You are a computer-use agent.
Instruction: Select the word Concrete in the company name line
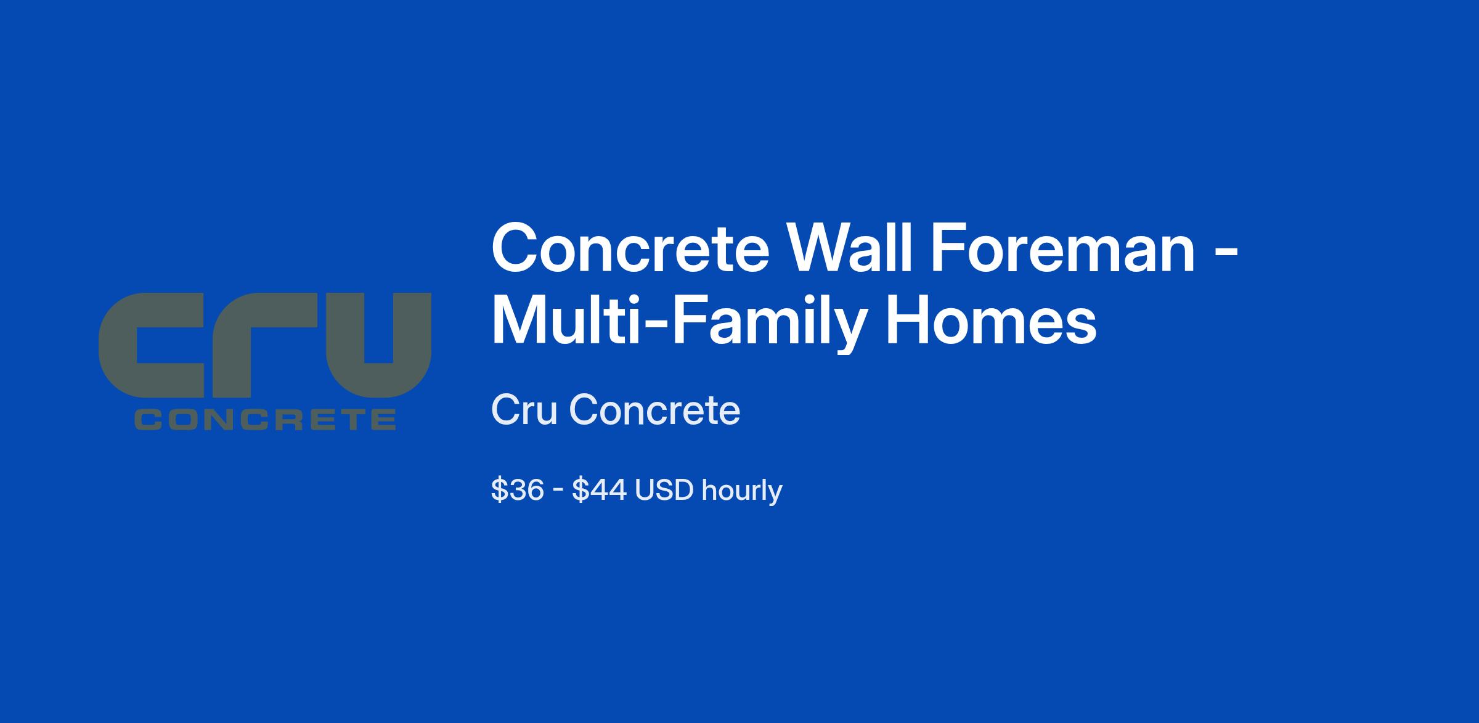tap(654, 410)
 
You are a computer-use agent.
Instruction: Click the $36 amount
tap(517, 491)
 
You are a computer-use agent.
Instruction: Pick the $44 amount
tap(600, 491)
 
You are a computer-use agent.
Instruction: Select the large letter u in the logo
tap(377, 345)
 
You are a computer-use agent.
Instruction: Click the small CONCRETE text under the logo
tap(266, 420)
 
